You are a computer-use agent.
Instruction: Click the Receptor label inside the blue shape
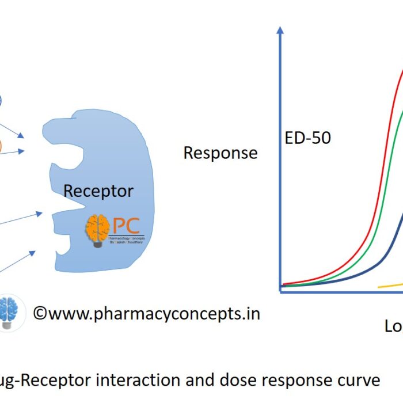click(98, 191)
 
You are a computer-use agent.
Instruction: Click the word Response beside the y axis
click(220, 153)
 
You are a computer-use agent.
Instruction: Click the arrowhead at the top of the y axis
click(280, 30)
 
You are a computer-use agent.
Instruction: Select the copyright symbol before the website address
click(39, 313)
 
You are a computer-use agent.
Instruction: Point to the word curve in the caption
click(358, 381)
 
